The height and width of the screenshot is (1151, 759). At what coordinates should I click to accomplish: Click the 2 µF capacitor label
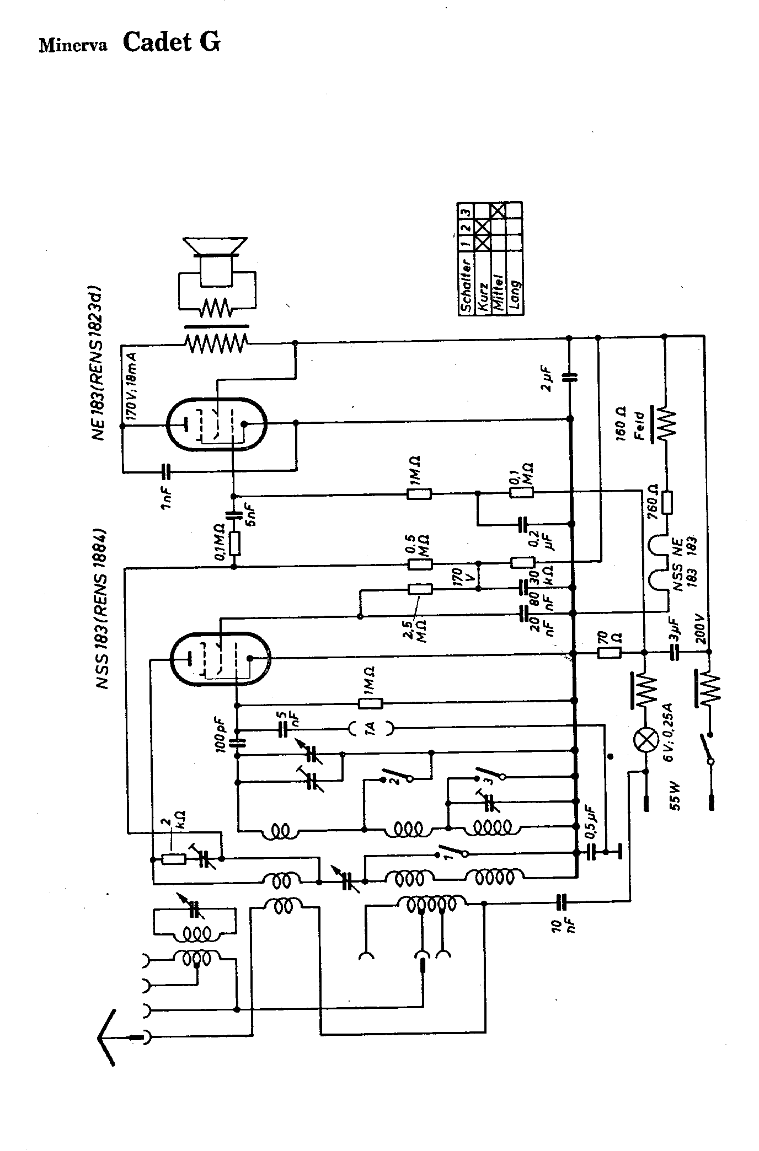[x=547, y=379]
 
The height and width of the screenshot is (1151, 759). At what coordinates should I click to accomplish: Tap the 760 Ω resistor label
[x=653, y=499]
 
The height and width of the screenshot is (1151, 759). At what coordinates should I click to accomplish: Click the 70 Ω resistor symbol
[x=610, y=654]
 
